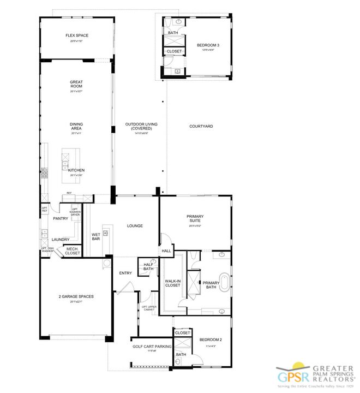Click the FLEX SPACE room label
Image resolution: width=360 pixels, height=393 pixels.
point(77,36)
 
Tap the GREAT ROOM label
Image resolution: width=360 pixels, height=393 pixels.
point(76,85)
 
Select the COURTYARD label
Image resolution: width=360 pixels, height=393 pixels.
point(201,126)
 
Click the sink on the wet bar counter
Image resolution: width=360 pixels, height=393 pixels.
point(106,234)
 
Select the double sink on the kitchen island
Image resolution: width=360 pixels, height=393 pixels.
point(65,164)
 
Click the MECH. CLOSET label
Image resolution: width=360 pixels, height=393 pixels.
point(73,251)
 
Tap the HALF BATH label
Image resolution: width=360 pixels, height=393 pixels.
point(148,266)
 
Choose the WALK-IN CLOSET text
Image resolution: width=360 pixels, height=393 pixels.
point(173,283)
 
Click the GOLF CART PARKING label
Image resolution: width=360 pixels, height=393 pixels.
point(152,346)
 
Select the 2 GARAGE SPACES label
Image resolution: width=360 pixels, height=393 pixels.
point(76,296)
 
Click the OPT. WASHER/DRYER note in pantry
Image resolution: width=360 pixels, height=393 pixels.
point(76,212)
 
